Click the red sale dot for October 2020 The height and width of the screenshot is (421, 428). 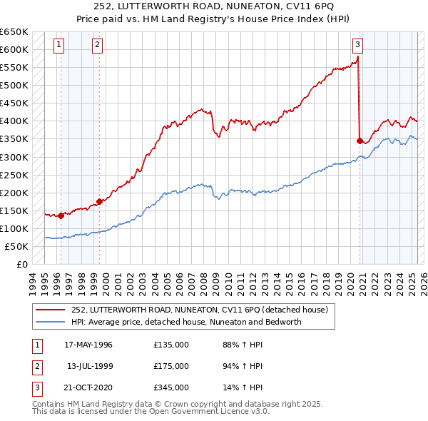click(x=360, y=141)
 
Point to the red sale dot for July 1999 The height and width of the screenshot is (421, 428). click(x=99, y=201)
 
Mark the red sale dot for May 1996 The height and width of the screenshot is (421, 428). click(x=61, y=215)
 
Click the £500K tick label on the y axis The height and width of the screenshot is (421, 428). click(x=14, y=85)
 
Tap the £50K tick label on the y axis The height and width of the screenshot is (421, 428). click(x=17, y=246)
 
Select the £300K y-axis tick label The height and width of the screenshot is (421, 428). click(x=14, y=157)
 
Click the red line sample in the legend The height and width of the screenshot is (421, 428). click(x=51, y=310)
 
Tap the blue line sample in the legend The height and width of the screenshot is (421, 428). click(x=51, y=322)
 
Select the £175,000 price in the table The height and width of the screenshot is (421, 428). click(x=171, y=367)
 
